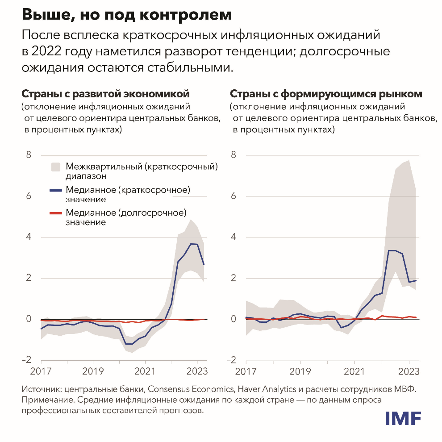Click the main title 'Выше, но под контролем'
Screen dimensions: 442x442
pyautogui.click(x=127, y=15)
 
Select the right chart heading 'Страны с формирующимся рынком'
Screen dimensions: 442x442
pyautogui.click(x=326, y=94)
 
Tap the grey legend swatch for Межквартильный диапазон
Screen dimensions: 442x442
pyautogui.click(x=55, y=167)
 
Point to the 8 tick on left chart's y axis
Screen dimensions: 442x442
pyautogui.click(x=29, y=155)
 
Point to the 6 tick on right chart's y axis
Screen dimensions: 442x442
pyautogui.click(x=233, y=196)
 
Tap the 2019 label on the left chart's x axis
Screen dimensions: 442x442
pyautogui.click(x=93, y=371)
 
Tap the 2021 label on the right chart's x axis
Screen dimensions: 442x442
pyautogui.click(x=354, y=371)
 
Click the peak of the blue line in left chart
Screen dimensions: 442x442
pyautogui.click(x=191, y=244)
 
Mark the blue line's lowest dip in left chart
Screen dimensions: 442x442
pyautogui.click(x=129, y=344)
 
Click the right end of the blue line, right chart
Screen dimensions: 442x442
pyautogui.click(x=416, y=280)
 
